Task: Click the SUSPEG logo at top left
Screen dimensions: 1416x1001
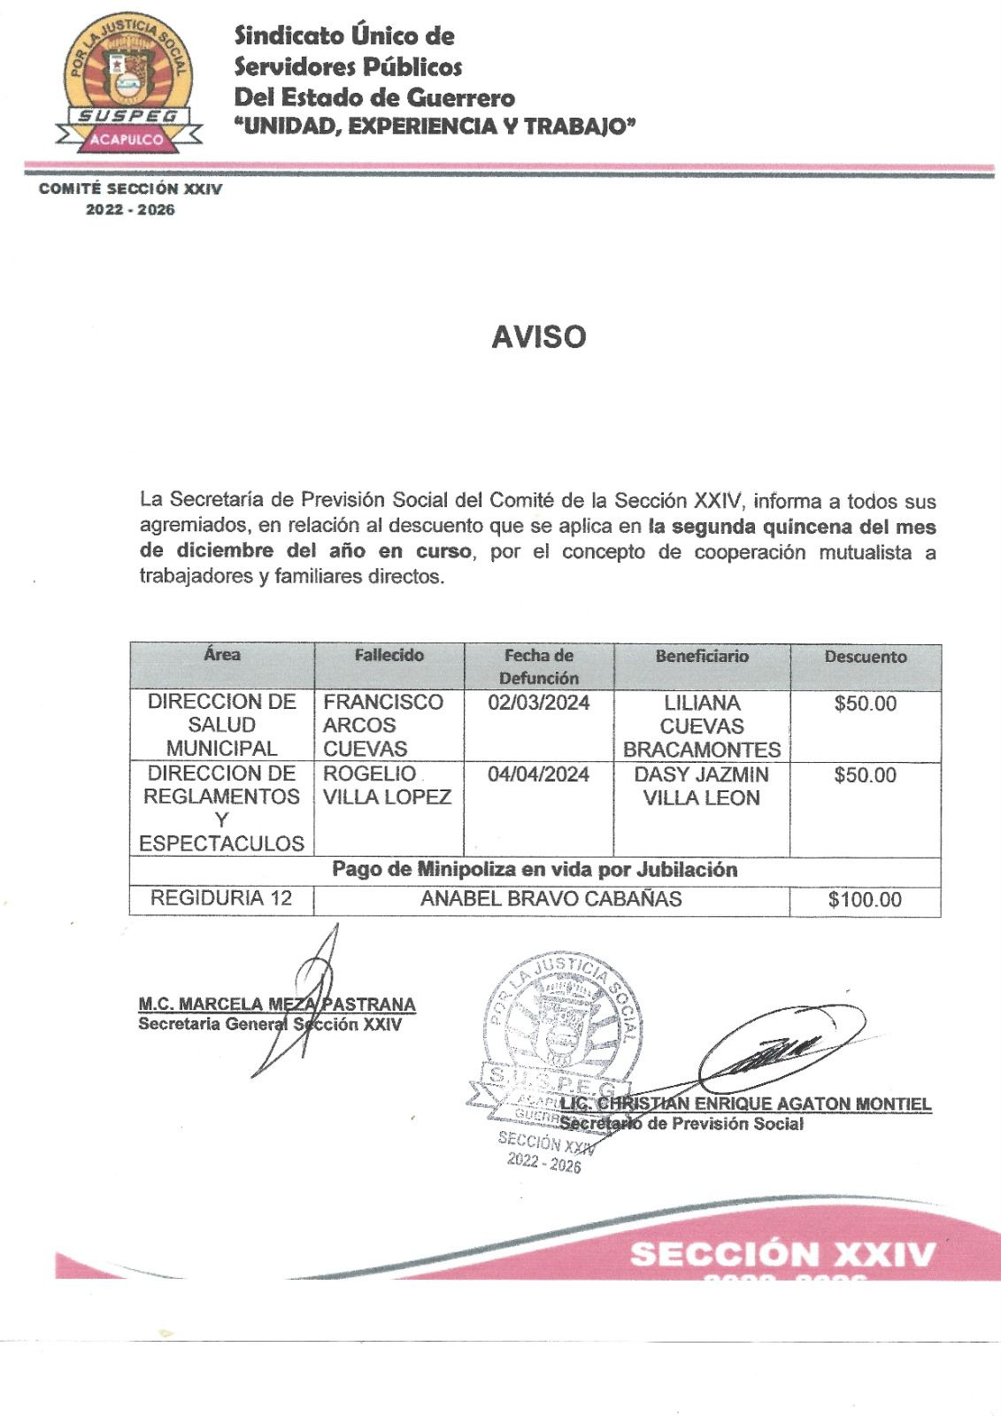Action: (x=128, y=85)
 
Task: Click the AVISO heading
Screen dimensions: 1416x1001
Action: (x=538, y=337)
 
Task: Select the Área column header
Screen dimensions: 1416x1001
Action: (x=221, y=655)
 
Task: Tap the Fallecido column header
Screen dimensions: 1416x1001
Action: (x=389, y=656)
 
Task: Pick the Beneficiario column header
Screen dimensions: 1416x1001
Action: (x=702, y=657)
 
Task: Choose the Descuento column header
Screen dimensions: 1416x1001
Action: (x=865, y=657)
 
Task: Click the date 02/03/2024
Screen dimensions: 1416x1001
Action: (x=538, y=704)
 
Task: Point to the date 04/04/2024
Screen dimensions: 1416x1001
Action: (x=538, y=774)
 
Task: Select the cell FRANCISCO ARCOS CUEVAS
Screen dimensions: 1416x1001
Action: (x=382, y=725)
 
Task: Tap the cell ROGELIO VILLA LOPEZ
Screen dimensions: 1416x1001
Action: (x=387, y=785)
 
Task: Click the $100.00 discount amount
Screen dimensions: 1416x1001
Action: (x=865, y=900)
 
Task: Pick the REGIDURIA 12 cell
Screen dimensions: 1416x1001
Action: (x=221, y=898)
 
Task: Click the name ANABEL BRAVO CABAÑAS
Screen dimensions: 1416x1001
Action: (x=551, y=899)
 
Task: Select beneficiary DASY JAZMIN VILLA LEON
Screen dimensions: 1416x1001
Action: (x=702, y=786)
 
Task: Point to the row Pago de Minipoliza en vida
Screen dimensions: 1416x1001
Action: (x=535, y=870)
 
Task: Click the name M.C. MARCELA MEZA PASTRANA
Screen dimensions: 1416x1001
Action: (x=276, y=1004)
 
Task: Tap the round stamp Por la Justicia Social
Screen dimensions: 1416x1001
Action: (x=555, y=1031)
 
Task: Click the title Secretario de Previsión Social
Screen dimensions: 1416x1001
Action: (x=681, y=1124)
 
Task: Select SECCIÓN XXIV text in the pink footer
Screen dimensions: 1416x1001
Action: (x=782, y=1255)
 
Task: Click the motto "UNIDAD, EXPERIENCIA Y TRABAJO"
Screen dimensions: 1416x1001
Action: (x=435, y=127)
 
